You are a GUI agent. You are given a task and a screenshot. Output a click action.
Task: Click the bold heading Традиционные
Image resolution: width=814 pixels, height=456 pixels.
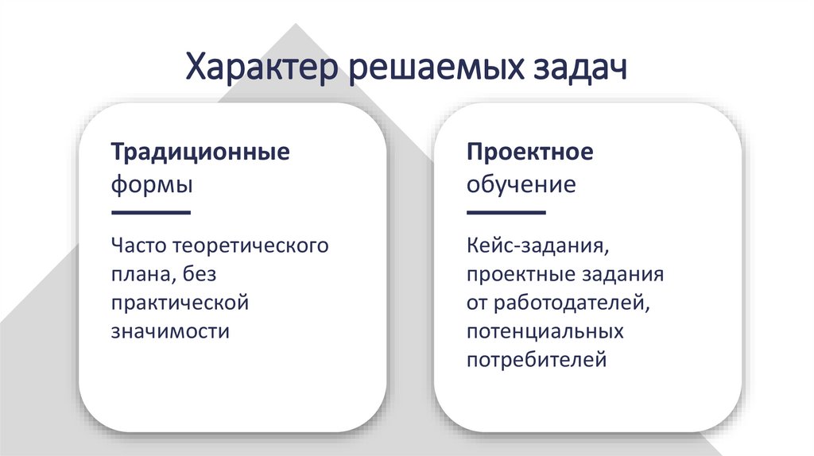coord(200,152)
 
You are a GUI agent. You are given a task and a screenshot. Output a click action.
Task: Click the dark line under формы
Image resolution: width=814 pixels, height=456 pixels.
coord(151,213)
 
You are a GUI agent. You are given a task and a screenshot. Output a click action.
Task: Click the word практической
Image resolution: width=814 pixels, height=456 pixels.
coord(180,303)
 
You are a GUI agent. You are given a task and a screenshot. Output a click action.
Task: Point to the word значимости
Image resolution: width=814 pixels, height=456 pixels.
coord(170,331)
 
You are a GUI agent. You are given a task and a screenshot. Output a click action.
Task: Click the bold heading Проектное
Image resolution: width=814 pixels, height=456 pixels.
coord(530,152)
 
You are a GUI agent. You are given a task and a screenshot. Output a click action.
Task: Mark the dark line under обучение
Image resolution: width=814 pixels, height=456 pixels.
coord(506,213)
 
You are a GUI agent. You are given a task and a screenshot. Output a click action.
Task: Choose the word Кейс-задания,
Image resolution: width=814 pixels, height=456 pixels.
coord(539,245)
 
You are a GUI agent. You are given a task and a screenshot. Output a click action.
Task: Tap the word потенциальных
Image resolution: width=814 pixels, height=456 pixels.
coord(545,331)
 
